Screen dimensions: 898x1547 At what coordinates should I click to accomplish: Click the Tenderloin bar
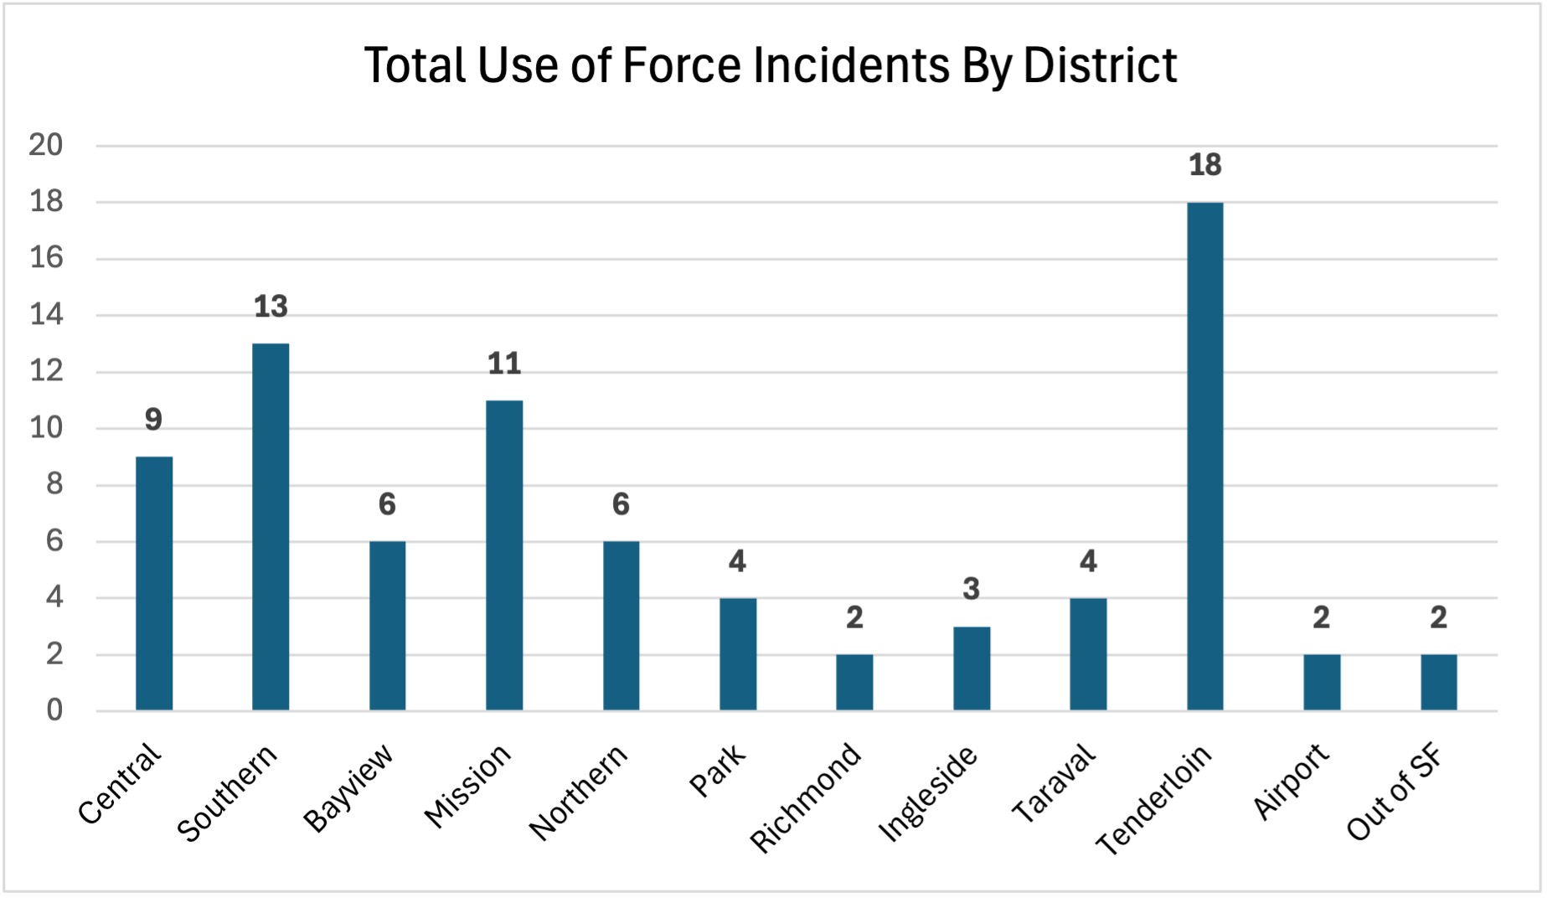click(1204, 457)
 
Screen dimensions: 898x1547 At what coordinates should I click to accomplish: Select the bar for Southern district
click(271, 528)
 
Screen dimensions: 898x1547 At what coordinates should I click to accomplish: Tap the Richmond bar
click(854, 683)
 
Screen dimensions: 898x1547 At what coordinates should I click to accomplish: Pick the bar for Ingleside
click(972, 668)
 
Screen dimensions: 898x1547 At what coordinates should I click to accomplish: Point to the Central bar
click(154, 584)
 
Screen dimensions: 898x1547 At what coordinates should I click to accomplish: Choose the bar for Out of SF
click(1438, 683)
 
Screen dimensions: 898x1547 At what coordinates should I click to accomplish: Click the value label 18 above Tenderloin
click(1204, 165)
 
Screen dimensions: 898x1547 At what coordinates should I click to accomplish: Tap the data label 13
click(271, 307)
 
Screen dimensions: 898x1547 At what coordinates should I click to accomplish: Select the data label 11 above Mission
click(504, 364)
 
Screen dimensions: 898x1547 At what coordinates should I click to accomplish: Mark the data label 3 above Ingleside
click(972, 589)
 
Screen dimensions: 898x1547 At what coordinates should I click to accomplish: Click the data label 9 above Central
click(153, 420)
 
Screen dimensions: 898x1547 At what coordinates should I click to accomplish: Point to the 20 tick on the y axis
click(46, 145)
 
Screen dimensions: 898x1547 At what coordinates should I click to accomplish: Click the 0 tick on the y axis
click(54, 710)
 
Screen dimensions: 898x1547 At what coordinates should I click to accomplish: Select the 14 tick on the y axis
click(46, 315)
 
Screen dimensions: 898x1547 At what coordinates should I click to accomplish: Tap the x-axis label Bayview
click(348, 787)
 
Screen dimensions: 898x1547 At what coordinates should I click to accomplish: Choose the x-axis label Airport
click(1291, 781)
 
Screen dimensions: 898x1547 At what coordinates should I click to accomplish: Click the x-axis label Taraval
click(1054, 783)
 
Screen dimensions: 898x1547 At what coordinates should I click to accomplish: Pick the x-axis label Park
click(717, 770)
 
